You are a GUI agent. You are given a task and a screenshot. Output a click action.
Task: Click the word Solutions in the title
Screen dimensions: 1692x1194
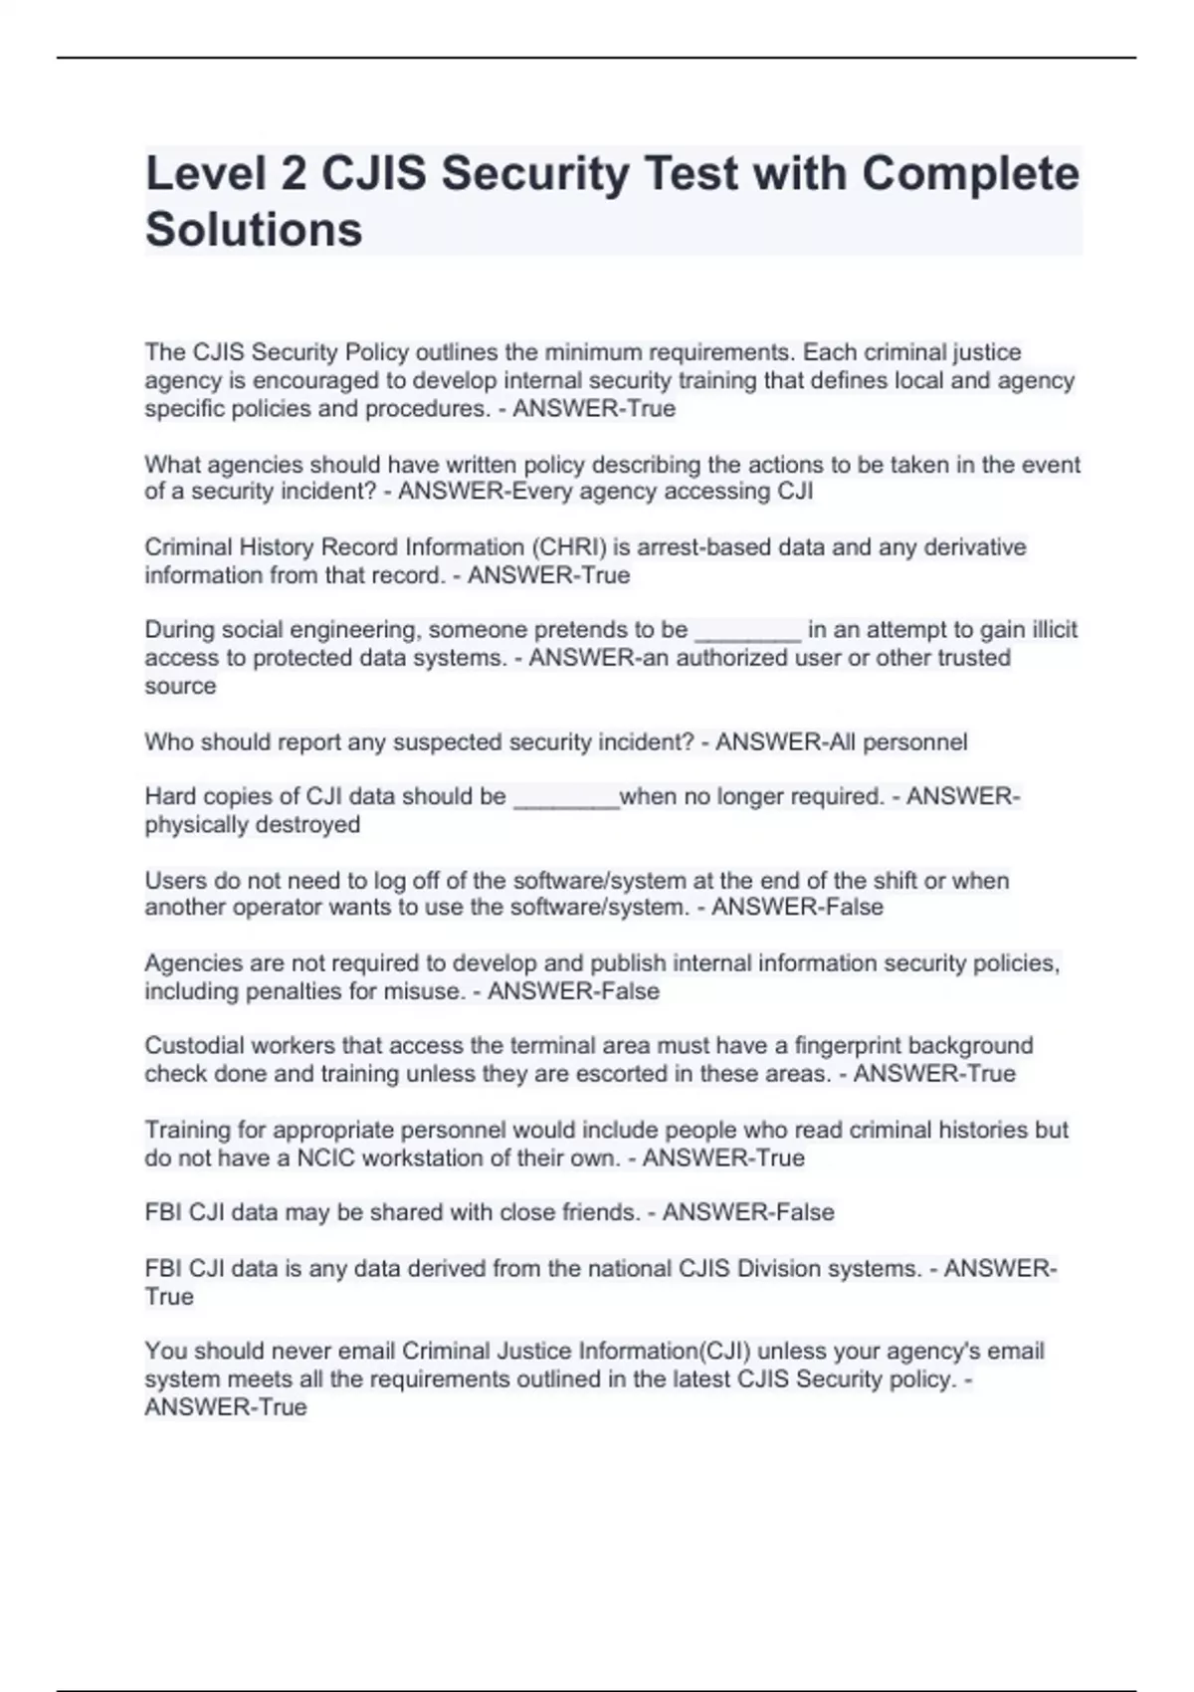[x=254, y=229]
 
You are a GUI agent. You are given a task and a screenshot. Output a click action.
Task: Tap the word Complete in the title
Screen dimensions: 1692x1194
[x=970, y=174]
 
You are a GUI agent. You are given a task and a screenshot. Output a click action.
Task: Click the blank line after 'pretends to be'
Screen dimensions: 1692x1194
[x=747, y=631]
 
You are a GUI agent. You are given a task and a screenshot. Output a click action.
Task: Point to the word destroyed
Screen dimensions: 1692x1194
[x=307, y=825]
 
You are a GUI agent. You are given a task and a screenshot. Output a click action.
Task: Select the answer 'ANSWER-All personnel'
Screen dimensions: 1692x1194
[x=841, y=742]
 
